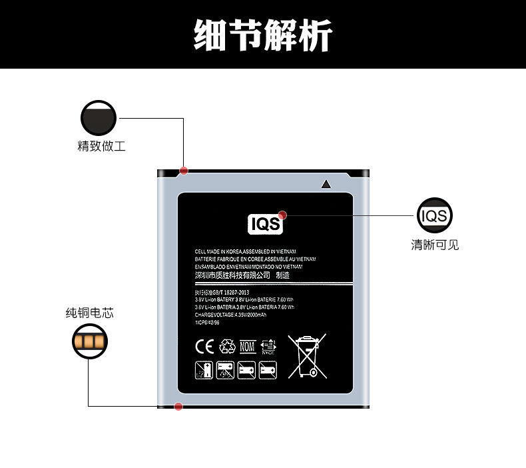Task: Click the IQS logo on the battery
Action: pyautogui.click(x=265, y=225)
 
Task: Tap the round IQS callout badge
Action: pyautogui.click(x=435, y=215)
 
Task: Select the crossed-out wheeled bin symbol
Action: pyautogui.click(x=307, y=355)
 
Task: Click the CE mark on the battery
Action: pyautogui.click(x=202, y=347)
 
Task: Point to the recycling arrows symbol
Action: pyautogui.click(x=228, y=347)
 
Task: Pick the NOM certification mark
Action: pyautogui.click(x=248, y=347)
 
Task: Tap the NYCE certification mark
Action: pyautogui.click(x=269, y=347)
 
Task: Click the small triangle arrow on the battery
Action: pyautogui.click(x=326, y=184)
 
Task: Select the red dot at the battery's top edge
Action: pyautogui.click(x=184, y=171)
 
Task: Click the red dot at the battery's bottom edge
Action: pyautogui.click(x=178, y=407)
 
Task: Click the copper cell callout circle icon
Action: pyautogui.click(x=90, y=343)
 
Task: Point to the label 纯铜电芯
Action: pyautogui.click(x=89, y=313)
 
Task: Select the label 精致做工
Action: pyautogui.click(x=101, y=146)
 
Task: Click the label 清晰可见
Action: pyautogui.click(x=435, y=245)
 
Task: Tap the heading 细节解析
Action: pyautogui.click(x=263, y=35)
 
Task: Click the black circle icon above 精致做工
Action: pyautogui.click(x=99, y=119)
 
